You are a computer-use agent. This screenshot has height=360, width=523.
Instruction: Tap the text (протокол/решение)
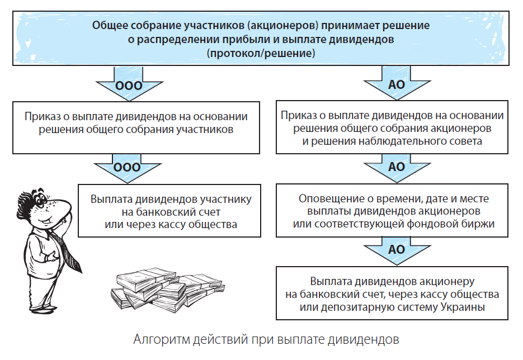tap(261, 53)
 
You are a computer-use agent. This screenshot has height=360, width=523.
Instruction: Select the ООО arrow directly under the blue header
tap(129, 84)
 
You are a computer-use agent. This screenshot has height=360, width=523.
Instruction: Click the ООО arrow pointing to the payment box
tap(128, 168)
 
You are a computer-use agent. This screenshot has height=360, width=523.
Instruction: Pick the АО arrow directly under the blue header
tap(397, 83)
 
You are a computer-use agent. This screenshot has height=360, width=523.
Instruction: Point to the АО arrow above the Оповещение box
tap(397, 168)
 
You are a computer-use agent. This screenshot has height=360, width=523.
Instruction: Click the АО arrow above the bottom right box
tap(397, 250)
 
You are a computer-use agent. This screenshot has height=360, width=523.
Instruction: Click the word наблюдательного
tap(396, 141)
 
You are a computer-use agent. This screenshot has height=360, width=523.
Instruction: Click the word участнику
tap(226, 200)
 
